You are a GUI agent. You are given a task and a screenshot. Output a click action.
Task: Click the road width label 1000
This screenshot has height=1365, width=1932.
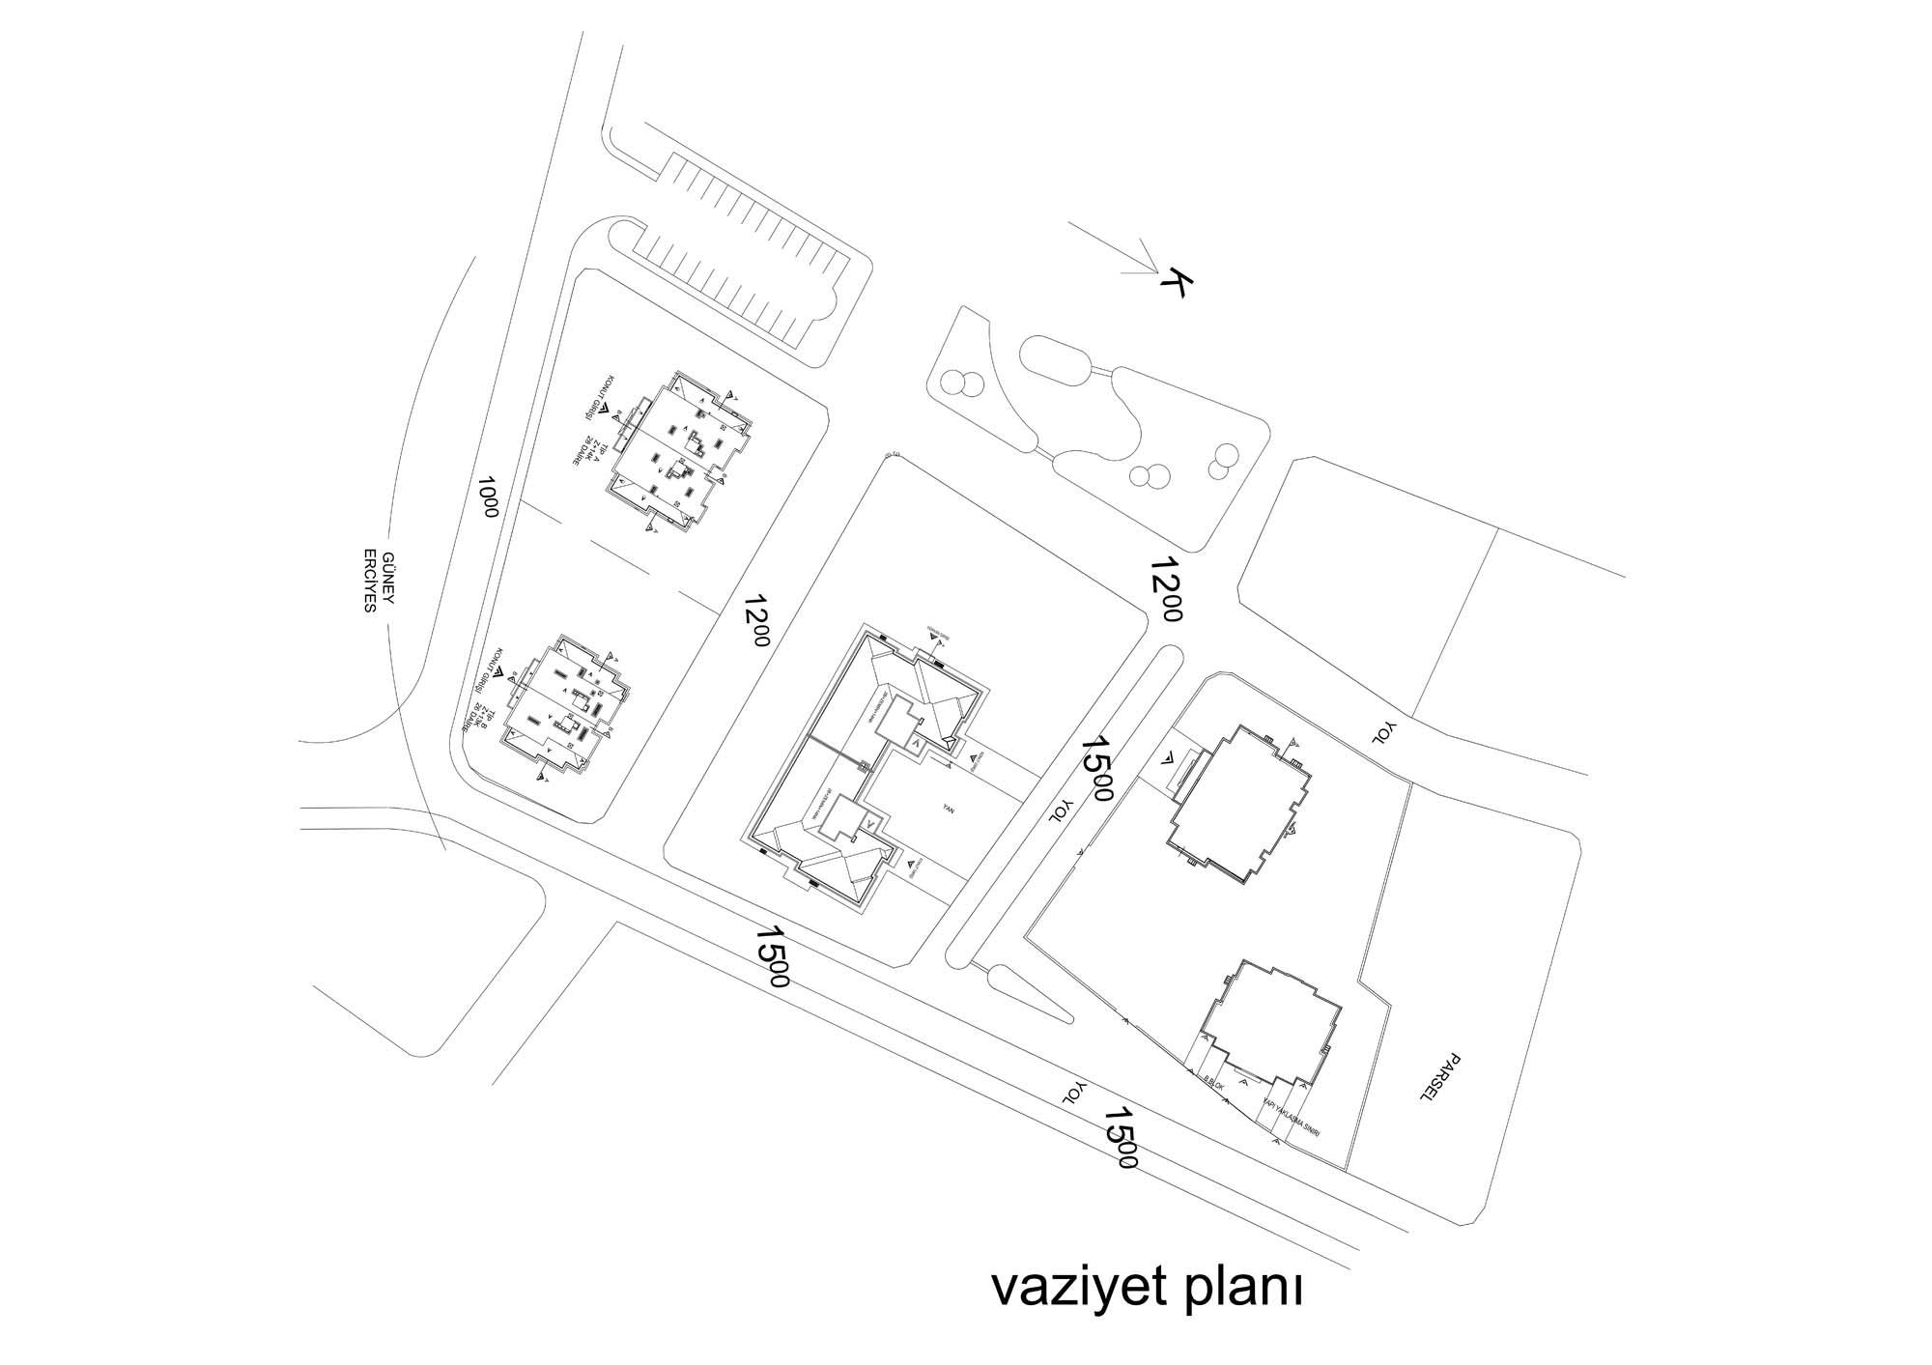489,497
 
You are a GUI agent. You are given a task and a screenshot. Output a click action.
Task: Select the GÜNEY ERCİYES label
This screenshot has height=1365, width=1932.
379,583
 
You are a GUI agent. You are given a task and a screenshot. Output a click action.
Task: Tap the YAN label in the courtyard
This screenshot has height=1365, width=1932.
949,811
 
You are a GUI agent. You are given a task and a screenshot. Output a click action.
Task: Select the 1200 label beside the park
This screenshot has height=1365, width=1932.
1167,589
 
